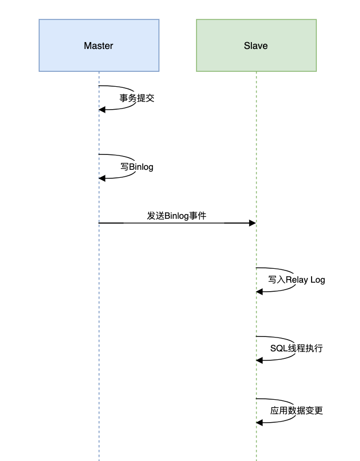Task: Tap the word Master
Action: [99, 46]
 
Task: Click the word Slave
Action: [256, 46]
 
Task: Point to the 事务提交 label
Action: [137, 98]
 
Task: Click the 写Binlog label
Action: [137, 167]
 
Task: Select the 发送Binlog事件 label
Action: [177, 216]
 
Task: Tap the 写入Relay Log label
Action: [297, 279]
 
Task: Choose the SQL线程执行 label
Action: [296, 349]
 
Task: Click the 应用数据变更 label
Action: [297, 410]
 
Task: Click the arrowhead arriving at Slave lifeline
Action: [252, 223]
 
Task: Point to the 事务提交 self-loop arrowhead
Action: [102, 109]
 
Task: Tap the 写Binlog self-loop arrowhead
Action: [102, 178]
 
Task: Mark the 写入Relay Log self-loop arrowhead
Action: [259, 292]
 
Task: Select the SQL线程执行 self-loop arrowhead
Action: [259, 360]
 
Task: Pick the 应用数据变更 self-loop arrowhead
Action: [259, 423]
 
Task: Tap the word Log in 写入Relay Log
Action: [317, 279]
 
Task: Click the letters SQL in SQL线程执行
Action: [278, 349]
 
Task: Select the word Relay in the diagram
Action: [297, 279]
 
